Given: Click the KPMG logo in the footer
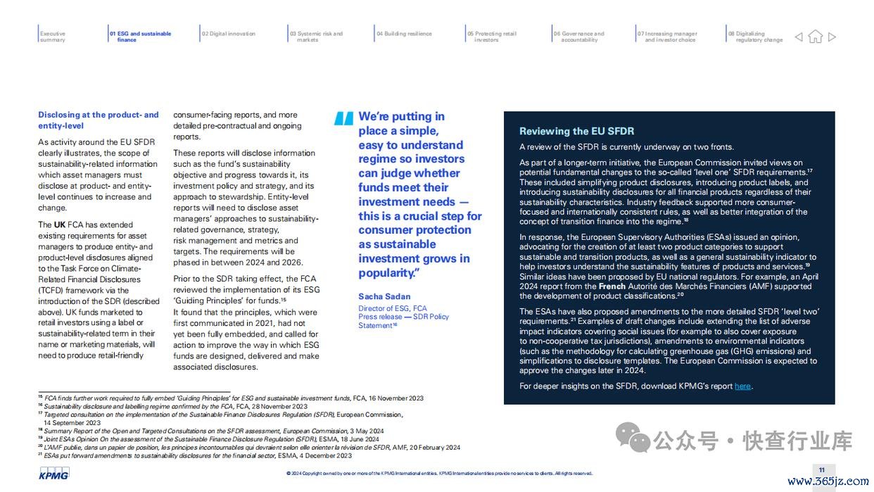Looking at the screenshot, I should (x=53, y=475).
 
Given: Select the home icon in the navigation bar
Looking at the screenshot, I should (x=815, y=37).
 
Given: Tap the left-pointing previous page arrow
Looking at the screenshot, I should (x=799, y=37).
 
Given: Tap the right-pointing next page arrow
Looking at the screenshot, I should (x=832, y=37).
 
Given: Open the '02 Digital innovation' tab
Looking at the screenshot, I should (x=229, y=34).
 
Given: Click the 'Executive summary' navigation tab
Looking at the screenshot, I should (x=53, y=37).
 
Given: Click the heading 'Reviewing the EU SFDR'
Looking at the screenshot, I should (x=576, y=131).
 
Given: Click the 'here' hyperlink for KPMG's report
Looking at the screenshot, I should (x=742, y=386).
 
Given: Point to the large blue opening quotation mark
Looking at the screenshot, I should (x=343, y=119).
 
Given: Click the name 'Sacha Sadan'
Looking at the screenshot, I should (x=384, y=296).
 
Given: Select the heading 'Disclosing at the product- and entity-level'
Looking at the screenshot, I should (x=99, y=120).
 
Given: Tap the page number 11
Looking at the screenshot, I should (x=821, y=470).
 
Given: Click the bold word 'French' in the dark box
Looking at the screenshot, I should (x=612, y=286).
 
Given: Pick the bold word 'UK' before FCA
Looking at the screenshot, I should (x=60, y=225).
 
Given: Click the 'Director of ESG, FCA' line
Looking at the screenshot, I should (x=393, y=308).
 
